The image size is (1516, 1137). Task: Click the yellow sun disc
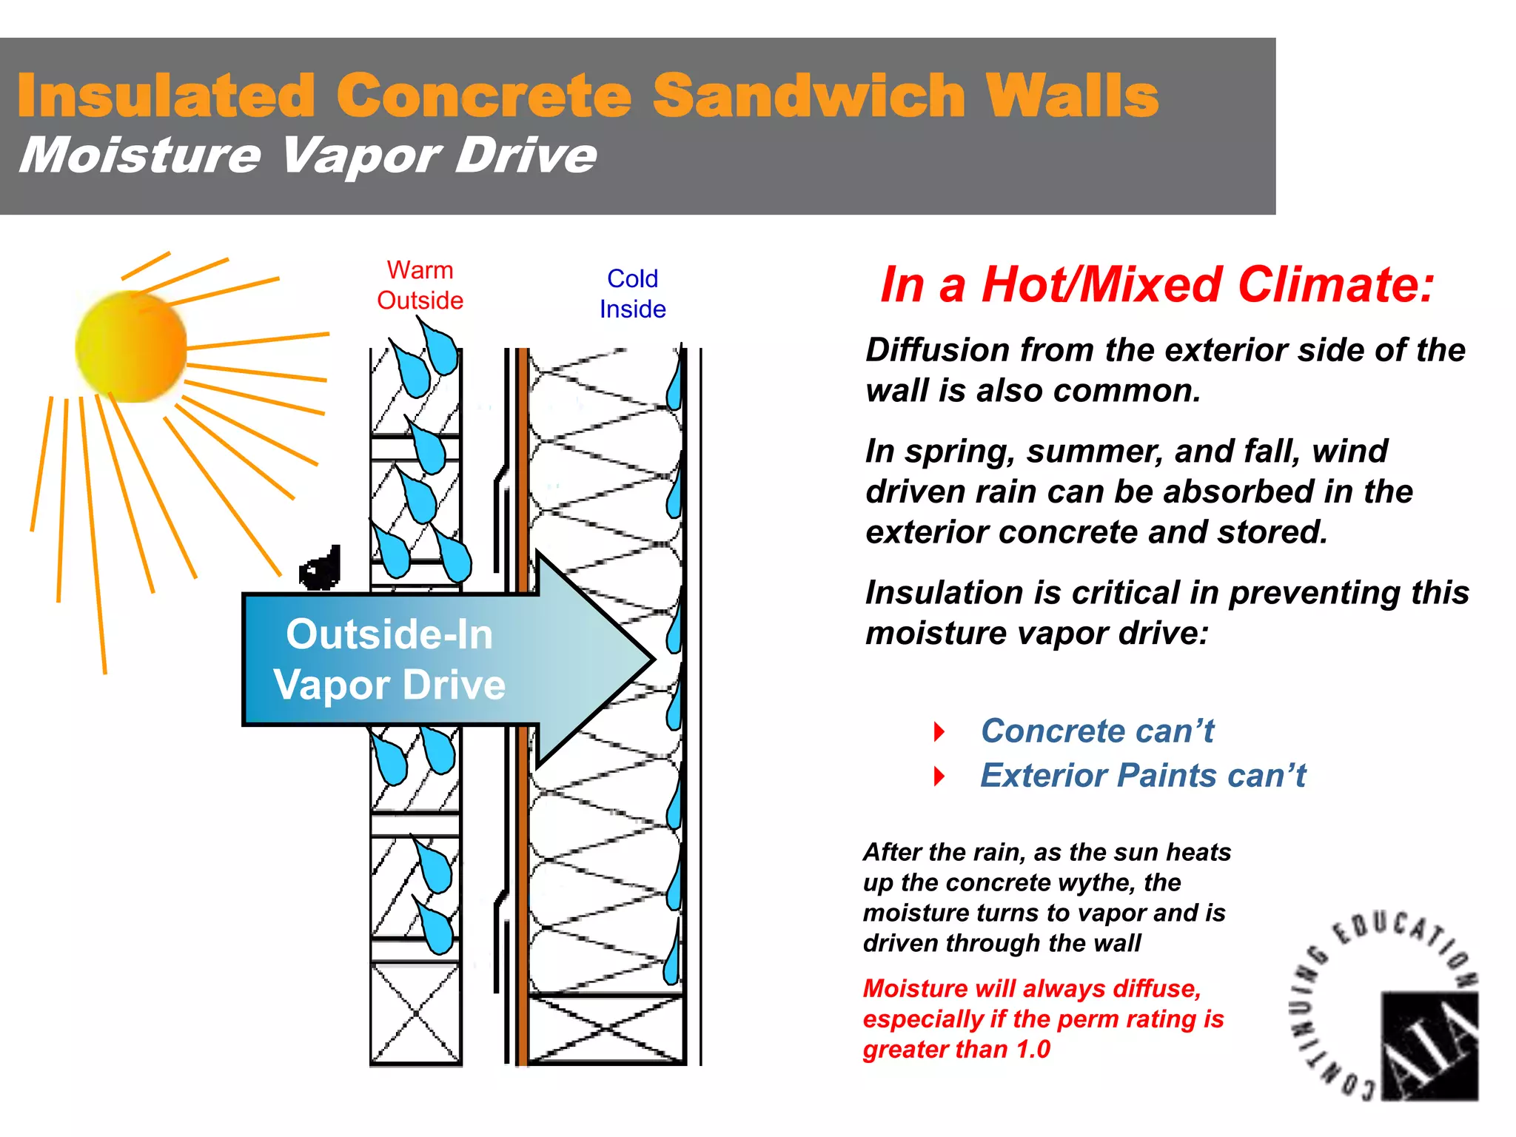pos(131,346)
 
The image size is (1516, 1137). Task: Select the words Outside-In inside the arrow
pos(389,634)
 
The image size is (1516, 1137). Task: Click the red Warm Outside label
pos(420,286)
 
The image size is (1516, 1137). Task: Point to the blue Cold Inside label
pos(632,294)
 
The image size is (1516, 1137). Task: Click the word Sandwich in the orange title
pos(809,95)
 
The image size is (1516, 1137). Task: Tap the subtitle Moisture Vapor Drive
pos(307,155)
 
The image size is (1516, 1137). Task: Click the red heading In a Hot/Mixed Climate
pos(1157,284)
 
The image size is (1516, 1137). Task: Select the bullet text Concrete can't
pos(1097,731)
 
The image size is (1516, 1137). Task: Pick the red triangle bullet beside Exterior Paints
pos(939,777)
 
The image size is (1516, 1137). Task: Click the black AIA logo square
pos(1429,1046)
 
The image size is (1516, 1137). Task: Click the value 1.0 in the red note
pos(1033,1049)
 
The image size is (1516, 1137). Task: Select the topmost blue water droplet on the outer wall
pos(441,348)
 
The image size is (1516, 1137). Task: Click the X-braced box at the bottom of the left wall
pos(415,1013)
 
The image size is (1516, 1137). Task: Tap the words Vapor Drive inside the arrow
pos(389,685)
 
